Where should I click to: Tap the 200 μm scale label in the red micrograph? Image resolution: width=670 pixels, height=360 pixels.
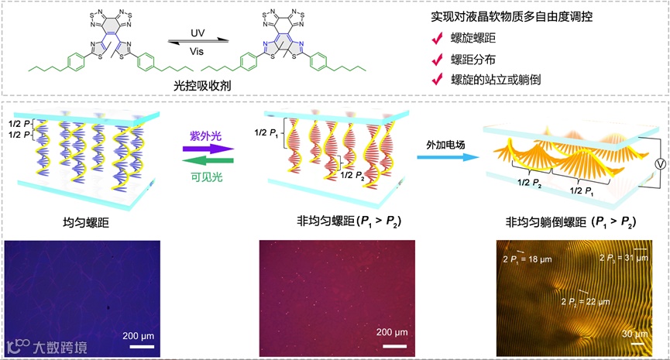click(x=391, y=333)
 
